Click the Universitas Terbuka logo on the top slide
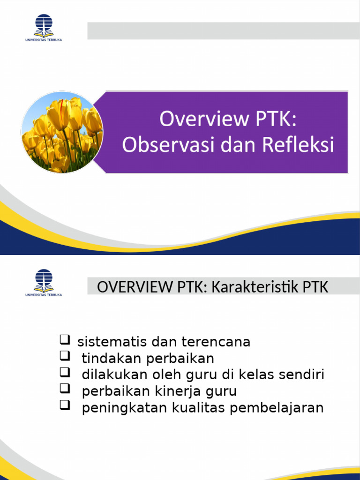pos(44,28)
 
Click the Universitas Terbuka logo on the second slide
pos(44,282)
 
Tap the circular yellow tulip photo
pos(62,132)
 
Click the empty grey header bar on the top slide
pos(223,31)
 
